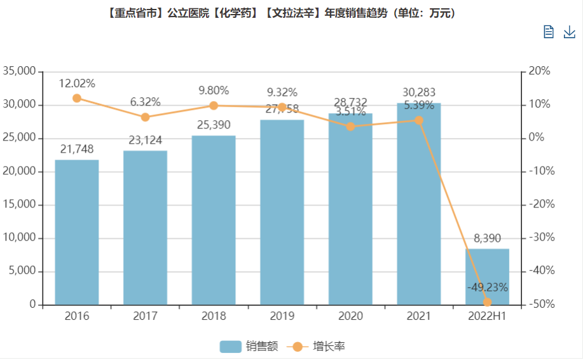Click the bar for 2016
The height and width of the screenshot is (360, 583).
tap(77, 232)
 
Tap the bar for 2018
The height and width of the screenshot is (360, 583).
tap(214, 220)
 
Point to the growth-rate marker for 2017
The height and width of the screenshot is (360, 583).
tap(145, 117)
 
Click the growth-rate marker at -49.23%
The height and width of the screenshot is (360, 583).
tap(488, 302)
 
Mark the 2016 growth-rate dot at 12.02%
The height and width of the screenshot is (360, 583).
tap(77, 98)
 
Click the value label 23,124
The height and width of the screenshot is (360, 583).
tap(145, 140)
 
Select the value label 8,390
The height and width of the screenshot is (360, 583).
tap(488, 239)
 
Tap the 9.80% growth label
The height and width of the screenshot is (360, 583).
tap(214, 90)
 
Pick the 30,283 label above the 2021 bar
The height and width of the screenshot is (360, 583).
tap(419, 92)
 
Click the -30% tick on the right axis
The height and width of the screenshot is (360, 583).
tap(541, 238)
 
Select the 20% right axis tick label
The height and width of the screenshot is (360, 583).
tap(540, 71)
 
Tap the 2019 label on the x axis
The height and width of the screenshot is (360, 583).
tap(282, 316)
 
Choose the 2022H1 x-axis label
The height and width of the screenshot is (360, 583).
tap(488, 316)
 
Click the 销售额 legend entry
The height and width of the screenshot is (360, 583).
tap(249, 347)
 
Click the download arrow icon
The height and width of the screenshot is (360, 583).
tap(570, 32)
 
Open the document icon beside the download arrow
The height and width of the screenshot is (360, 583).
tap(549, 32)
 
